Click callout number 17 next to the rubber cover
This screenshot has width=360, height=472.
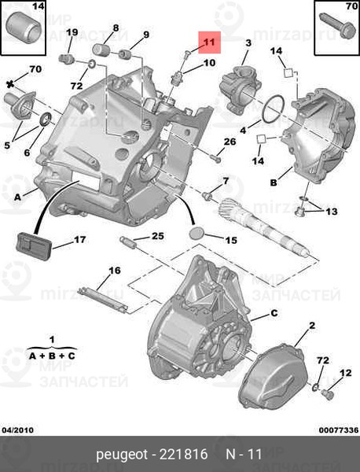(79, 239)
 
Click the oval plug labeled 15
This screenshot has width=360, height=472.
(197, 234)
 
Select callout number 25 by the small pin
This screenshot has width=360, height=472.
(157, 236)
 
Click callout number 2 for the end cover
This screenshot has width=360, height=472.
(311, 325)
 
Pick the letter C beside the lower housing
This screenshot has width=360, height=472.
(274, 313)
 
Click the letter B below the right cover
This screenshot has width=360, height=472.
(274, 183)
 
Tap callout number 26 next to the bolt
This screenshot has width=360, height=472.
(230, 142)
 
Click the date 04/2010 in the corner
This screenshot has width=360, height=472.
(18, 430)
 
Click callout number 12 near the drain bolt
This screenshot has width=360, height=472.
(345, 372)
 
